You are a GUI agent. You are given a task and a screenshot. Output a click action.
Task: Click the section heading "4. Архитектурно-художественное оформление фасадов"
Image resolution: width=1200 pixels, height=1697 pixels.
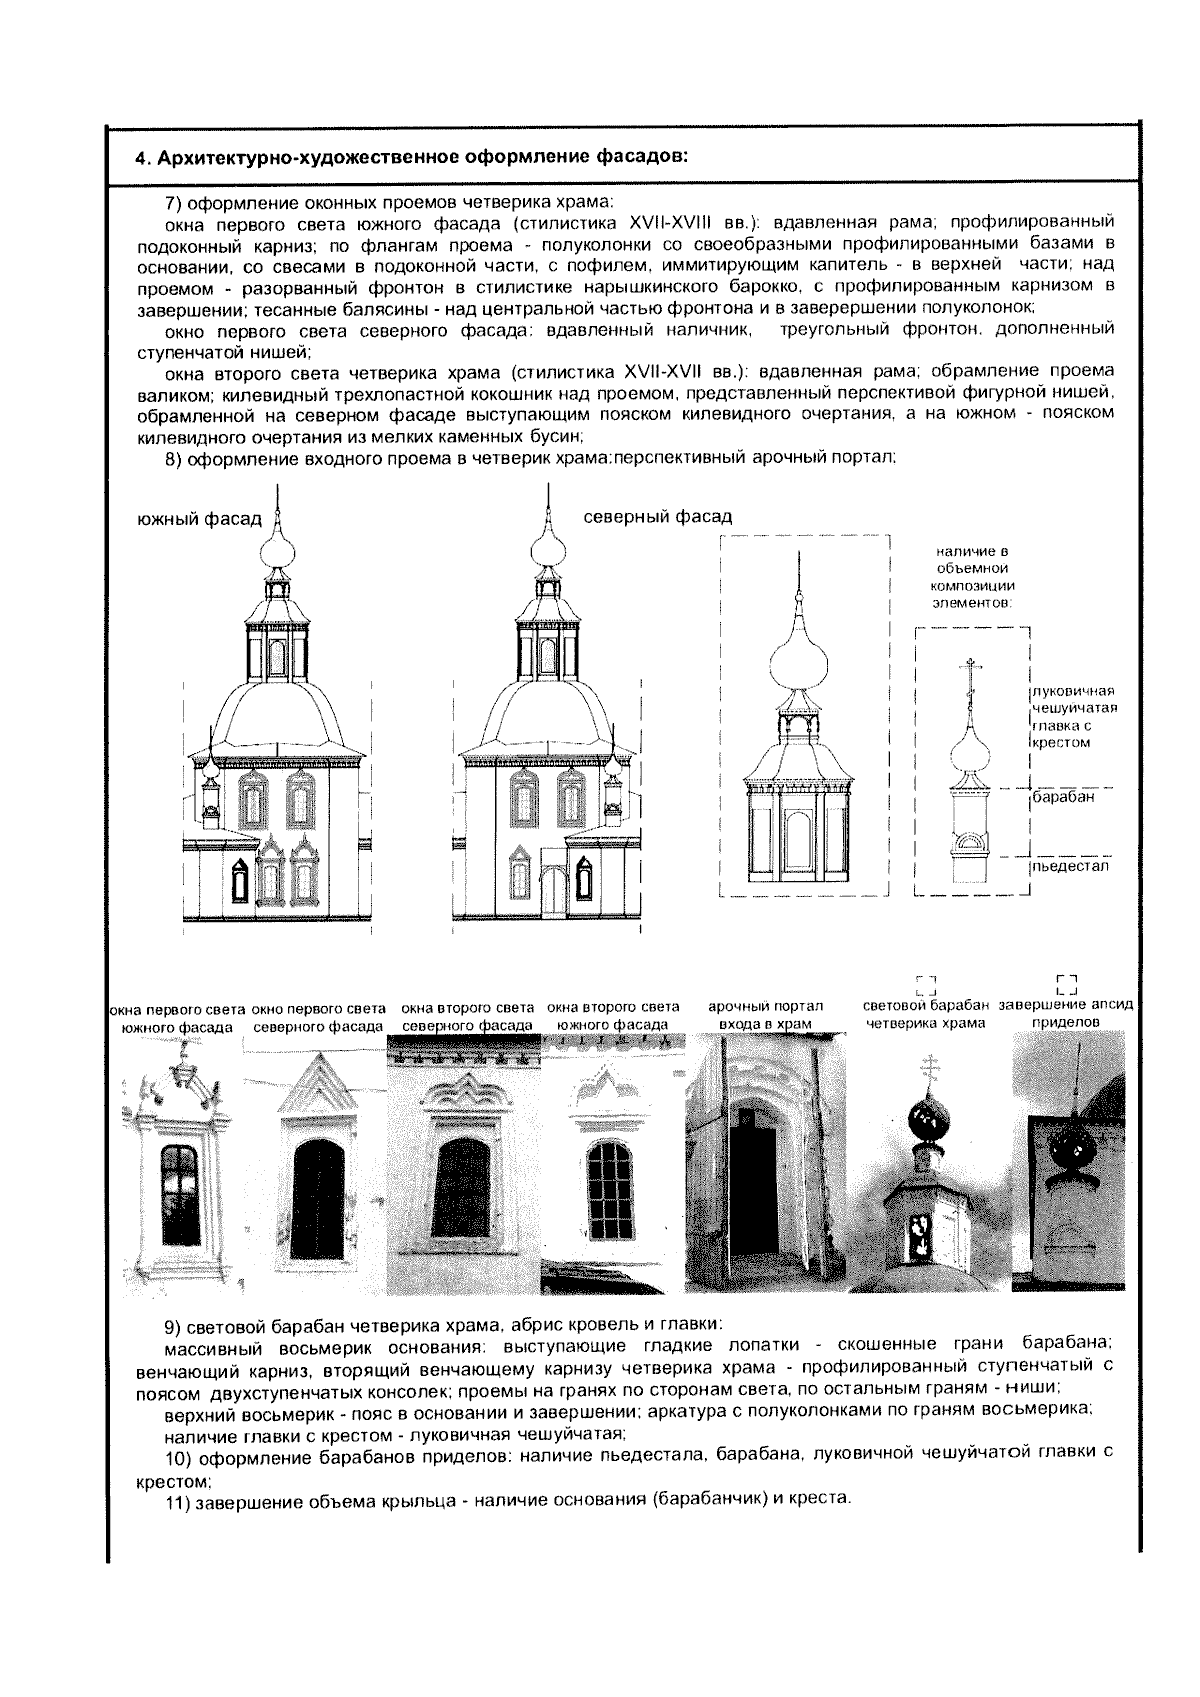411,157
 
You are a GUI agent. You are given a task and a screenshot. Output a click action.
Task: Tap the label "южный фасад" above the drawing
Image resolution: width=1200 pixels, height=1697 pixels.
199,519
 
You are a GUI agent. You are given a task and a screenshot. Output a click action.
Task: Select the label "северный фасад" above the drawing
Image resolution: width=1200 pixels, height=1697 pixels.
657,516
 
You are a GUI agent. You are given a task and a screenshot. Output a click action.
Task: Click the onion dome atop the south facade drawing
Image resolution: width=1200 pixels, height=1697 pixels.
277,546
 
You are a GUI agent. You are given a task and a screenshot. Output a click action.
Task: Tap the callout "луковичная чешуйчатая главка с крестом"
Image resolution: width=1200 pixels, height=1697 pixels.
1074,717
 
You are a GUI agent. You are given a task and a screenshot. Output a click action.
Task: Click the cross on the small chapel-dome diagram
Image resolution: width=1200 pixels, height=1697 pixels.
967,672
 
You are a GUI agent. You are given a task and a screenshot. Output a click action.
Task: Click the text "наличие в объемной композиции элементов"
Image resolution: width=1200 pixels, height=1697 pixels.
972,576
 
